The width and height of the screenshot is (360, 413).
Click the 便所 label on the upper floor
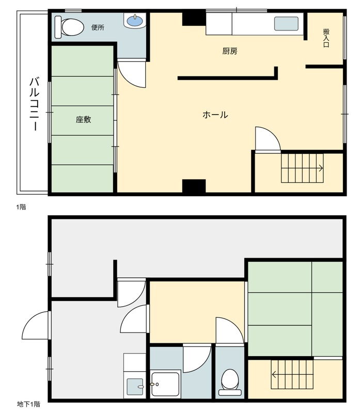98,27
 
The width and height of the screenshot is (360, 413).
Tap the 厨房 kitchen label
230,51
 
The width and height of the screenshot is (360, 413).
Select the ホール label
215,115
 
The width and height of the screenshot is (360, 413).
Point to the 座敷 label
83,120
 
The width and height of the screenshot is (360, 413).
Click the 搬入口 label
326,38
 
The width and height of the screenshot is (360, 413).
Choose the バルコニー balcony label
34,104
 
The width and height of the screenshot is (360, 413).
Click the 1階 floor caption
21,207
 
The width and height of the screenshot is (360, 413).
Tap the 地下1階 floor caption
28,404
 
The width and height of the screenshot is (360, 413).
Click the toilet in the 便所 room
69,27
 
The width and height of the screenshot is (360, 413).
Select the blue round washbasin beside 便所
135,20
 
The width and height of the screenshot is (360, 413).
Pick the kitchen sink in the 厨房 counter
286,23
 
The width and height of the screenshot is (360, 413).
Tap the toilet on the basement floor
230,382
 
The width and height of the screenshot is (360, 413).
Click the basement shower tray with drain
165,384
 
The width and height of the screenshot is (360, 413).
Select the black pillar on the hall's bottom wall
194,187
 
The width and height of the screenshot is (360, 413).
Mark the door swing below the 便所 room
132,74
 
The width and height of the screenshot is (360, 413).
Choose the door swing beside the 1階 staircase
268,139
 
